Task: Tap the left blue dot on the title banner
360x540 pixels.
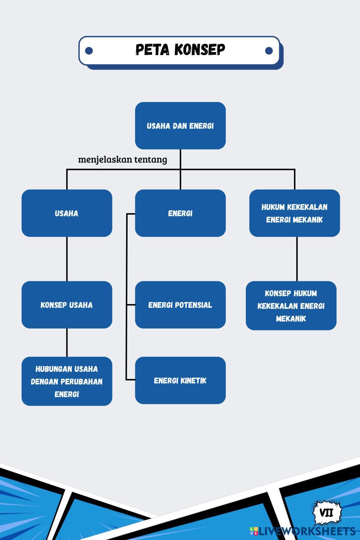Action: click(89, 50)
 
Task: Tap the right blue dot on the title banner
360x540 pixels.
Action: click(269, 50)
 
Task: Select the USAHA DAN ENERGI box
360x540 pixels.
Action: click(180, 126)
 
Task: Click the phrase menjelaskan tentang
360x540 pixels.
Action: click(123, 159)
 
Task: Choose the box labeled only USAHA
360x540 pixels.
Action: click(67, 213)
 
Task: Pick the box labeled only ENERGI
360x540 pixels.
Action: click(180, 213)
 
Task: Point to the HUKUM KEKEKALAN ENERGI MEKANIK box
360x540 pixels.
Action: click(294, 213)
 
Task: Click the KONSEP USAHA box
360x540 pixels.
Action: click(67, 305)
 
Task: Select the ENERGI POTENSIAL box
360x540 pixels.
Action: click(180, 305)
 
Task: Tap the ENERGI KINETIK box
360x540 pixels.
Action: click(180, 380)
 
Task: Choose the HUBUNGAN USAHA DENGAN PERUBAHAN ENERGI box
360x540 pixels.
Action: click(67, 381)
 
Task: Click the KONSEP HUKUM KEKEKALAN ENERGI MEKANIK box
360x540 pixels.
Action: click(291, 305)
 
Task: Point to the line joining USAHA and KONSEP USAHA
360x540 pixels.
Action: click(67, 259)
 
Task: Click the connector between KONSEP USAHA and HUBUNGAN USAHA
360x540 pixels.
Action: click(67, 342)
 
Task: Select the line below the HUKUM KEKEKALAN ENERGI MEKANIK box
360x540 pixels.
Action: click(297, 259)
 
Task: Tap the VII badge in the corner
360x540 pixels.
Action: click(326, 512)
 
